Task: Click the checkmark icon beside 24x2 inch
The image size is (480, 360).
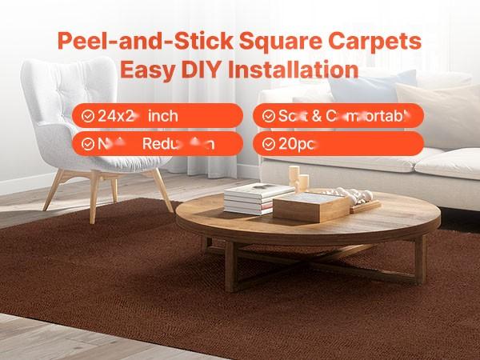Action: click(86, 116)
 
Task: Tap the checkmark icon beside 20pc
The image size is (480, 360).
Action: click(268, 144)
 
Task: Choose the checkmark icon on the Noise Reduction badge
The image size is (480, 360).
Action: click(86, 144)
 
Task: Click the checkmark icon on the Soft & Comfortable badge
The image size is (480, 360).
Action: click(268, 116)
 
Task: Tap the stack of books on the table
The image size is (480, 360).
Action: click(248, 198)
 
